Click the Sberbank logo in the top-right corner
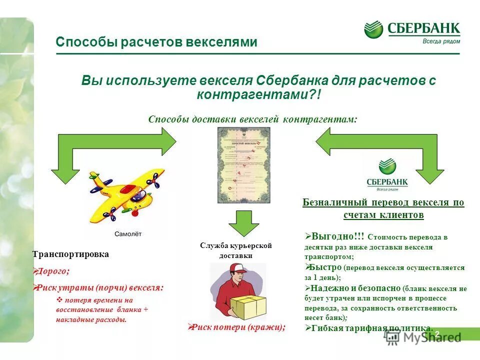(412, 31)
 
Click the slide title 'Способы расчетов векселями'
(156, 42)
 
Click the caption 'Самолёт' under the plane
(128, 233)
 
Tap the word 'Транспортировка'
(70, 254)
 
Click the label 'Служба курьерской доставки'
(235, 250)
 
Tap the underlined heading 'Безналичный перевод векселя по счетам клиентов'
(383, 208)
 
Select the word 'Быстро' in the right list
(326, 267)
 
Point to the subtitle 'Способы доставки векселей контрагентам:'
(253, 119)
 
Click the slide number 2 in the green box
(436, 333)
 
